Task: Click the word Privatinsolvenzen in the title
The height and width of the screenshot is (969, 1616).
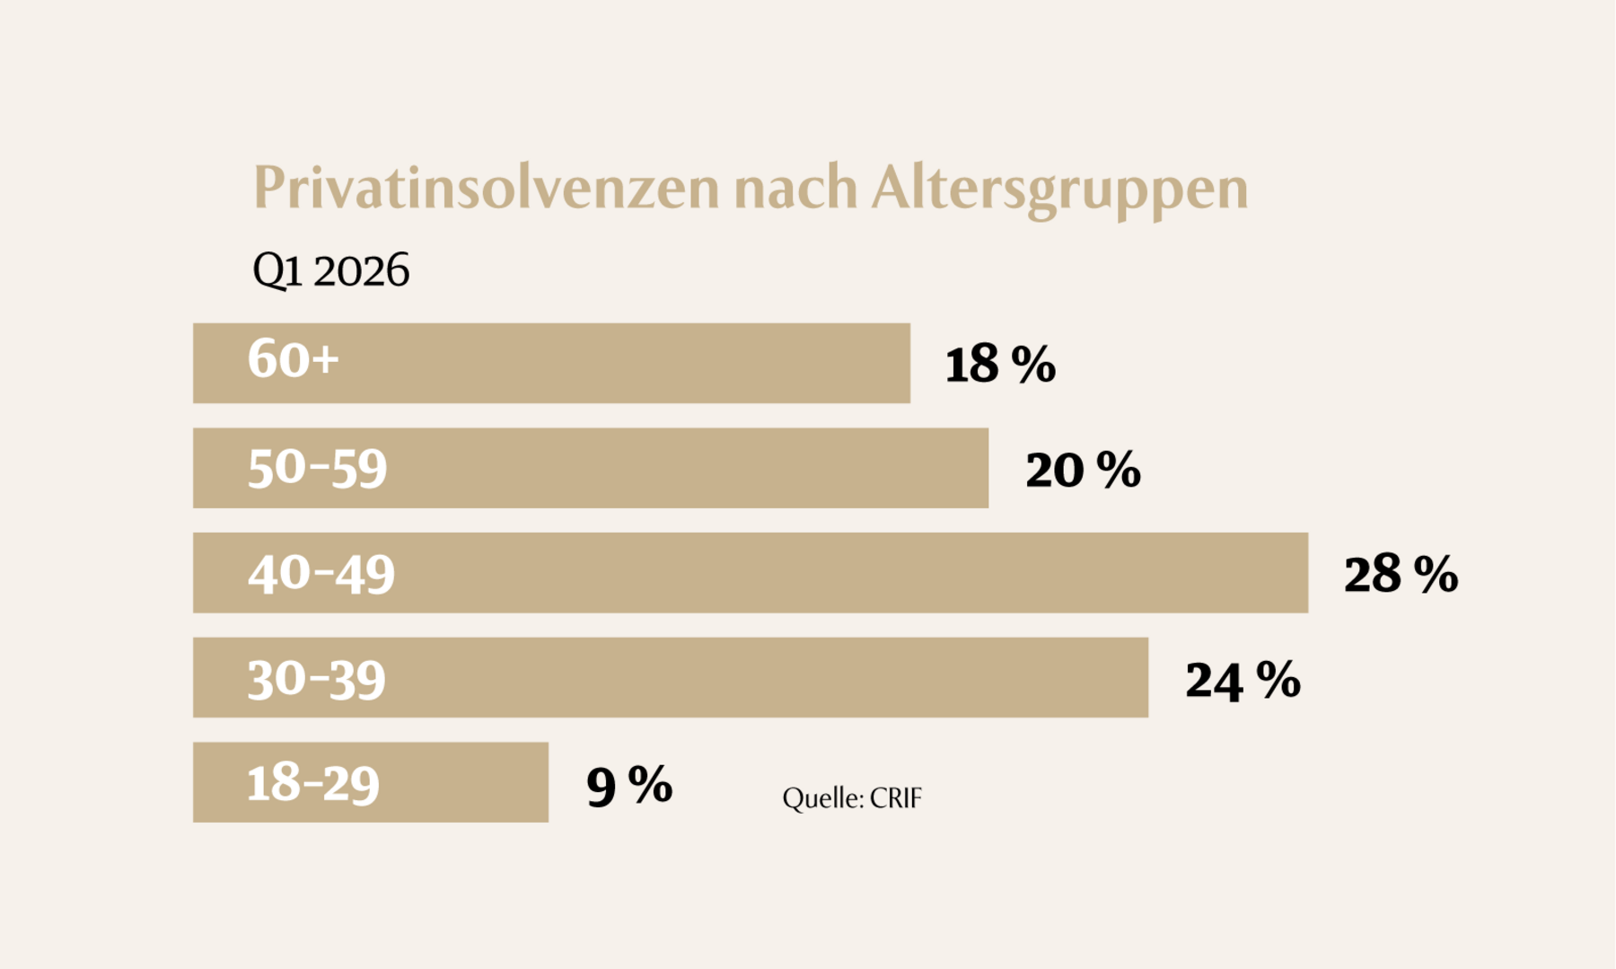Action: point(486,189)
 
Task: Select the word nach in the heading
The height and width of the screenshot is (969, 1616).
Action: point(795,189)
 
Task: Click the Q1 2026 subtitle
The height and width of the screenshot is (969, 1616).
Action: point(330,270)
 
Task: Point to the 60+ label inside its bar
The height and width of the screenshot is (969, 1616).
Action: point(294,359)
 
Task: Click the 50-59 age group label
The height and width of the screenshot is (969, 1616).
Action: point(317,468)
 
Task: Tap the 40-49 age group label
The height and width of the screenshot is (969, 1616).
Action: point(321,573)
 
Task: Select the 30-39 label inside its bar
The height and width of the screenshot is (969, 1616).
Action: point(316,678)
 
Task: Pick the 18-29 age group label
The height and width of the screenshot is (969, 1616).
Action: point(312,783)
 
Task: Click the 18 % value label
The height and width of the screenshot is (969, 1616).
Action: point(999,365)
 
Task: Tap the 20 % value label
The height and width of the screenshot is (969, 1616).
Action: point(1082,470)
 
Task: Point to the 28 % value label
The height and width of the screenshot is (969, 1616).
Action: point(1400,575)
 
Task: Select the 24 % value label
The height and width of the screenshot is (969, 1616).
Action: point(1242,680)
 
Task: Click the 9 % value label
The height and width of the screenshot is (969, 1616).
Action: point(628,785)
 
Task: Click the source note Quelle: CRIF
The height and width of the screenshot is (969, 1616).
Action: point(851,797)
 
